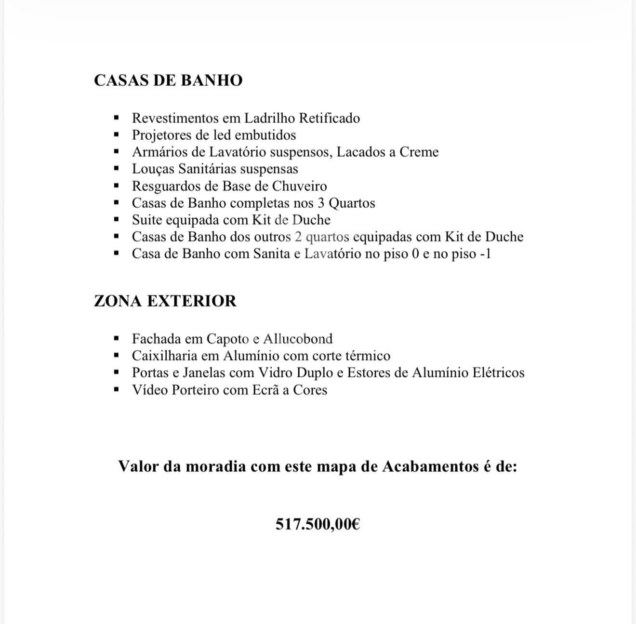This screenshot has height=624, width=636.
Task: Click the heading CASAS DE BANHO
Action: [168, 80]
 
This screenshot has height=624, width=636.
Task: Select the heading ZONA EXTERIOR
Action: [165, 301]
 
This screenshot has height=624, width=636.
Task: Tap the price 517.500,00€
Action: [318, 524]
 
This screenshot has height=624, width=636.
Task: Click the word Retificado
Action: [330, 118]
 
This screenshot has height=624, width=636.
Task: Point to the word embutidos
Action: [267, 135]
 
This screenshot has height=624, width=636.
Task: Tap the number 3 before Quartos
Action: [321, 203]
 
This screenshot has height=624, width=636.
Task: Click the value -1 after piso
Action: [485, 253]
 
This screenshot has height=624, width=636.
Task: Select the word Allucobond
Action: [298, 339]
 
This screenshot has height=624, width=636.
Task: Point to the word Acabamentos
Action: [430, 466]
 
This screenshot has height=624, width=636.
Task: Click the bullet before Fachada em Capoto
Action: [116, 339]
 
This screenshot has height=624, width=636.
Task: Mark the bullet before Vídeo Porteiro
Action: [116, 389]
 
